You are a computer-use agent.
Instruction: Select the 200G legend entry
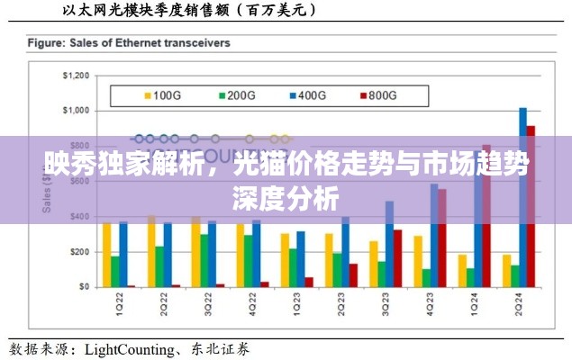click(237, 94)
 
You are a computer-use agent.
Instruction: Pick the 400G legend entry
click(307, 94)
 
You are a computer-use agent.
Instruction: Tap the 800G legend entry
click(377, 94)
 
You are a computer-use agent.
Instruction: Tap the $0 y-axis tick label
click(82, 287)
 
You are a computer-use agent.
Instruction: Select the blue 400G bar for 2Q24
click(523, 197)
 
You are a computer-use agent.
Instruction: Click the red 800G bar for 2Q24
click(531, 206)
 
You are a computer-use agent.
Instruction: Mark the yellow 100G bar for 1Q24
click(462, 271)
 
